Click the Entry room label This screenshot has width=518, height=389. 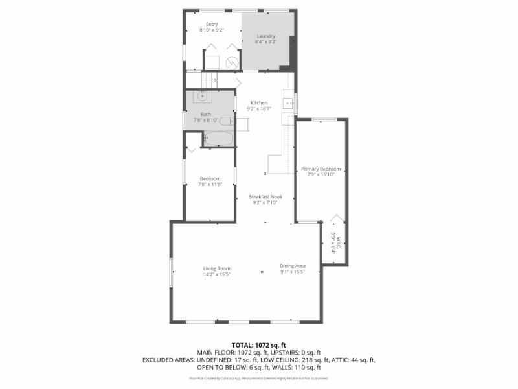coord(212,25)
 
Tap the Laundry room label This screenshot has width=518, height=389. coord(266,36)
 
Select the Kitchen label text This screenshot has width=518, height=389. coord(259,103)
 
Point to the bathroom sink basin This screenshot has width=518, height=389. coord(203,97)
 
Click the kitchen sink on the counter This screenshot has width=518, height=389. coord(287,102)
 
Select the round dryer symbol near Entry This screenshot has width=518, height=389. coord(232,62)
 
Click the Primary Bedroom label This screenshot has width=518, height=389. coord(321,169)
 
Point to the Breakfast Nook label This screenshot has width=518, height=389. coord(265,197)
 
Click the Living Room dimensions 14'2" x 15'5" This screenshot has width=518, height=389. coord(217,274)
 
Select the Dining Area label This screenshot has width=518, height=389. coord(293,265)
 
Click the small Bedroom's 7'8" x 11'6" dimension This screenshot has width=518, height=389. coord(210,184)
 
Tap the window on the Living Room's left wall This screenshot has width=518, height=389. coord(172,272)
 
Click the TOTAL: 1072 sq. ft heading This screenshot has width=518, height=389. coord(259,344)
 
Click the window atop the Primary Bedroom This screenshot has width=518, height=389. coord(323,119)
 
